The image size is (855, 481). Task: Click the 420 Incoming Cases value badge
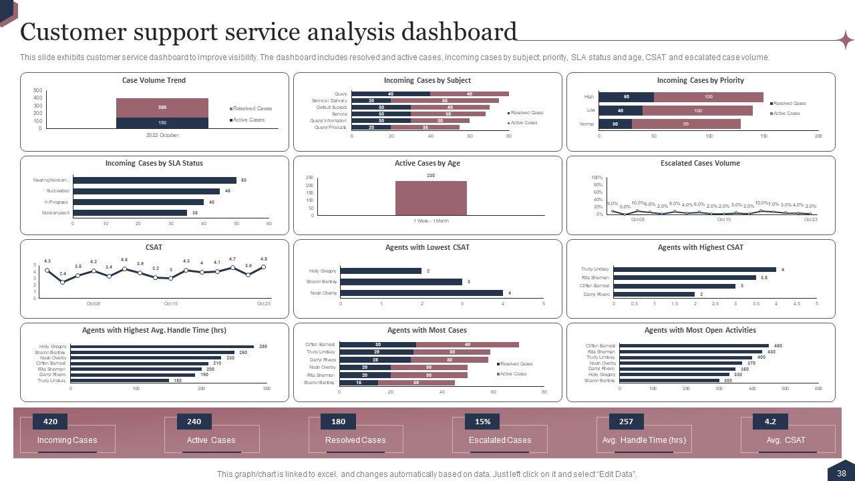pos(50,422)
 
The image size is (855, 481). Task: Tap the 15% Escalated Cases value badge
pos(482,422)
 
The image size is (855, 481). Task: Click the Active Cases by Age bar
pos(431,198)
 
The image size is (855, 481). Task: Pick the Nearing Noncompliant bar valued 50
pos(154,180)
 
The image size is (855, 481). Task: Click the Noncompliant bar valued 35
pos(130,212)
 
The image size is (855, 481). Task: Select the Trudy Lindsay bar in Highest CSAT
pos(694,269)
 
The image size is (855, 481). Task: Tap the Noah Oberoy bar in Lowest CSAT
pos(421,293)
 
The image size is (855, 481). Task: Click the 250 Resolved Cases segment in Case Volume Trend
pos(162,108)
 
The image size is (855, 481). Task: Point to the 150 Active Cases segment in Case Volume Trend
pos(162,123)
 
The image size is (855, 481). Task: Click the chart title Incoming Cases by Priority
pos(700,80)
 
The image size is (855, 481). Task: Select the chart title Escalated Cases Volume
pos(700,163)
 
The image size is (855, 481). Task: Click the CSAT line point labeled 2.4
pos(63,282)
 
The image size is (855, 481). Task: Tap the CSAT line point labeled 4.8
pos(264,267)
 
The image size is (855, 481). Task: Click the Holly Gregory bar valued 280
pos(162,347)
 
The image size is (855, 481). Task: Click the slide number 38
pos(841,473)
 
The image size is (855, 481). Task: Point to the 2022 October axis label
pos(162,135)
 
